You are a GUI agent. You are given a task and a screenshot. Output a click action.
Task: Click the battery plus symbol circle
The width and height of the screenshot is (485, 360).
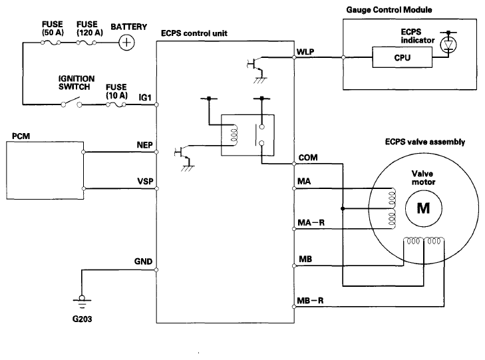tap(126, 43)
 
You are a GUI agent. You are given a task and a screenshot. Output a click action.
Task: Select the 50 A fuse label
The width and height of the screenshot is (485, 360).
tap(53, 29)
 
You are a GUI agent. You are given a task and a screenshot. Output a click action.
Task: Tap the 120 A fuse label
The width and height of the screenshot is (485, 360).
tap(89, 29)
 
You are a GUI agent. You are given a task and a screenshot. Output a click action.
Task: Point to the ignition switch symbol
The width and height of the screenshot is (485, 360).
tap(71, 102)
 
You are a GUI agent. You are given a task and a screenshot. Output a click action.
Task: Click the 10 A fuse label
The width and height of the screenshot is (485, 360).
tap(116, 91)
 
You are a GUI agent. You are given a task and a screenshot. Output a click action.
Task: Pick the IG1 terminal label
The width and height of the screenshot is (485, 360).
tap(145, 98)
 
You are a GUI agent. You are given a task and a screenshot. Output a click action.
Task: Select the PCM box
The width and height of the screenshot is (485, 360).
tap(45, 170)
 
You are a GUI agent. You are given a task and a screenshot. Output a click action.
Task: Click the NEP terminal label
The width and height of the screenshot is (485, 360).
tap(145, 145)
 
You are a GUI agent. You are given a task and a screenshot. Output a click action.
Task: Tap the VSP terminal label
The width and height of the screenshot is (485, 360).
tap(146, 181)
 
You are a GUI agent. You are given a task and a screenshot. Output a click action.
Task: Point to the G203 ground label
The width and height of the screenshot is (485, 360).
tap(82, 319)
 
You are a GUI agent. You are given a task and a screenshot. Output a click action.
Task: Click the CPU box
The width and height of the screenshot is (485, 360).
tap(402, 57)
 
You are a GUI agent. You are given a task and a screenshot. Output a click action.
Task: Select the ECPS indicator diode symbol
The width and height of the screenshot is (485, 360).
tap(448, 45)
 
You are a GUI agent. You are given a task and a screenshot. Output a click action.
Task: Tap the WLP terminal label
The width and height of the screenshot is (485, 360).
tap(305, 52)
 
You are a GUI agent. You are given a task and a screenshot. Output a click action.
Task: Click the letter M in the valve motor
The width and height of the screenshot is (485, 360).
tap(423, 208)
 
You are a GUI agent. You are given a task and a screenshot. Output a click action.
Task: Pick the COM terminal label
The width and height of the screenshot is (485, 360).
tap(308, 158)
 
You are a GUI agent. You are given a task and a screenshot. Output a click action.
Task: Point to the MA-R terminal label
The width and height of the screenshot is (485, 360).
tap(311, 223)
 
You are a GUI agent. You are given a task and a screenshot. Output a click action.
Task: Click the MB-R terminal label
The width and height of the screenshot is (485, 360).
tap(310, 301)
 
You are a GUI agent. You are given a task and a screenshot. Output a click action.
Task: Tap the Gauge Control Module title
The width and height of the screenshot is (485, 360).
tap(389, 10)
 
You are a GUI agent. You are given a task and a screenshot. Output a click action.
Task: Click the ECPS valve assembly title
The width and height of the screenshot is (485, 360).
tap(425, 142)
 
